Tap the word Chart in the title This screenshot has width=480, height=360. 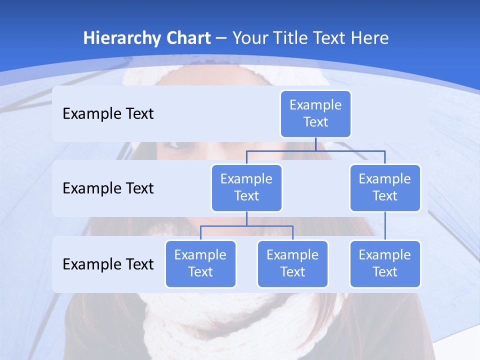click(x=188, y=38)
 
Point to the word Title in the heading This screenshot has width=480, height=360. click(x=291, y=38)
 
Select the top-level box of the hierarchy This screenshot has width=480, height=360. click(x=315, y=113)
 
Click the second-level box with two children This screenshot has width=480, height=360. click(x=246, y=187)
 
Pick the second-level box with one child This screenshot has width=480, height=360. click(x=385, y=187)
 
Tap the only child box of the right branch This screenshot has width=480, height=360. click(x=385, y=263)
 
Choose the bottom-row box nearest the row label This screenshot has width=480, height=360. click(x=200, y=263)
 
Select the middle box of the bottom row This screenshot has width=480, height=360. click(x=292, y=263)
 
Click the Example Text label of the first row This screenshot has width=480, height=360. click(x=108, y=114)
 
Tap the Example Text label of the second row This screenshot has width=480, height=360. click(x=108, y=188)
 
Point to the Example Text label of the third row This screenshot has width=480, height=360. click(x=108, y=264)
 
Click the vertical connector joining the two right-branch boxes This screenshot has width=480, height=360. click(x=385, y=226)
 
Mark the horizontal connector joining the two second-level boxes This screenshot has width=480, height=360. click(x=315, y=150)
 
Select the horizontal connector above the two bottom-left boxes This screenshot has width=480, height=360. click(x=246, y=226)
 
